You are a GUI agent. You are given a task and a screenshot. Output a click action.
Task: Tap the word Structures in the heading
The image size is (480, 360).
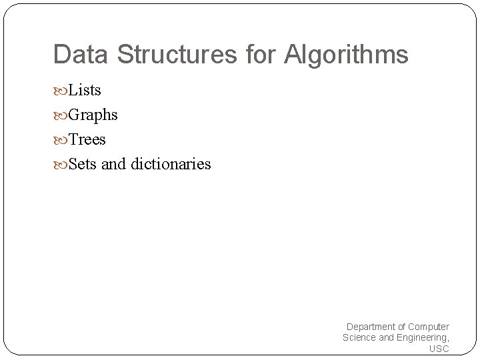(175, 55)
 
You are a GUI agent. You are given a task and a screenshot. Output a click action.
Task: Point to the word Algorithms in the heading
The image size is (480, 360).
(346, 55)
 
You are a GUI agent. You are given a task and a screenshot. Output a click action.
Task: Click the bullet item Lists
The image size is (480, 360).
(85, 90)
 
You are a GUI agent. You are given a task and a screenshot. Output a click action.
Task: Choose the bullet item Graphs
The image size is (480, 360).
(93, 115)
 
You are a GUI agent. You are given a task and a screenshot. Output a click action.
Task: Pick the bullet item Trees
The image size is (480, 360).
(87, 139)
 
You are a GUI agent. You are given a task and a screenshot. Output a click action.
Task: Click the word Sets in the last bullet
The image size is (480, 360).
(83, 163)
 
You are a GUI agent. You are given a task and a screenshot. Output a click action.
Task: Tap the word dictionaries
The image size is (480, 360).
(171, 163)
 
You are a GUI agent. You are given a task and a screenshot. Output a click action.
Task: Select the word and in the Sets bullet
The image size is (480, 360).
(113, 163)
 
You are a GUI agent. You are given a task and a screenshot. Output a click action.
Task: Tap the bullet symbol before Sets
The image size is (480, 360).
(61, 164)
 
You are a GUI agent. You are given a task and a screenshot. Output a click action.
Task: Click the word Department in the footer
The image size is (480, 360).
(371, 327)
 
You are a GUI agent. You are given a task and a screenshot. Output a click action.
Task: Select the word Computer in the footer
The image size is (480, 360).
(428, 327)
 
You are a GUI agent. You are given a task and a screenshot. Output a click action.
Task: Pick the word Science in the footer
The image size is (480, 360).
(359, 338)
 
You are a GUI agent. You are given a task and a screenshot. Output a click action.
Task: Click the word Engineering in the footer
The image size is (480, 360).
(422, 338)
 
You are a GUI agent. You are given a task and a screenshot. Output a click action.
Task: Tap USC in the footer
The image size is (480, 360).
(439, 349)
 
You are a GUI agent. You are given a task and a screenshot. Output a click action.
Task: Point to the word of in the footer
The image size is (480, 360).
(401, 327)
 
